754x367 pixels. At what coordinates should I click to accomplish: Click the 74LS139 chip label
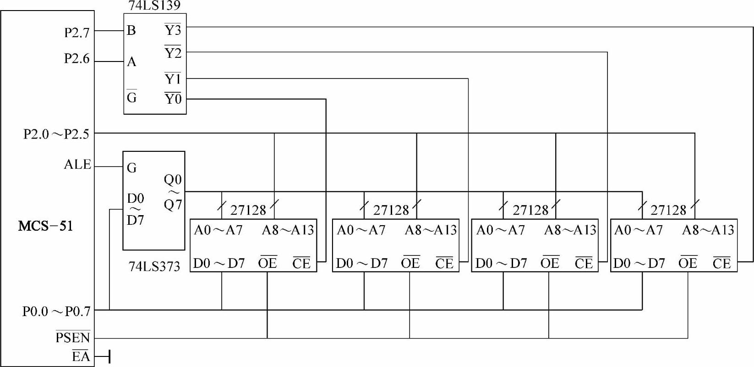click(x=154, y=6)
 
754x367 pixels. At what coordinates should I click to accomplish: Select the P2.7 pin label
click(x=76, y=33)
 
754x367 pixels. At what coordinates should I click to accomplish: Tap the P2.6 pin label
click(x=76, y=59)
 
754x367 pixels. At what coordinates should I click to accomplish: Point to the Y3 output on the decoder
click(x=173, y=30)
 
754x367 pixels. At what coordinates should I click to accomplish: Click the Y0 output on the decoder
click(x=173, y=99)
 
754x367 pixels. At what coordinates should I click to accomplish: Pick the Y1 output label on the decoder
click(x=173, y=79)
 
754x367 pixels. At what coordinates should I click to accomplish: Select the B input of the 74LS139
click(x=131, y=31)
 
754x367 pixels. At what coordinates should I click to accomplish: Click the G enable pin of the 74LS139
click(x=131, y=97)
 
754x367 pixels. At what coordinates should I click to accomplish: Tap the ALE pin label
click(x=77, y=165)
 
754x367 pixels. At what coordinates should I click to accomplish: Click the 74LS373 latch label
click(x=154, y=267)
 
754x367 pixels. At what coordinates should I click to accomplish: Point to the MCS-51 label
click(x=45, y=226)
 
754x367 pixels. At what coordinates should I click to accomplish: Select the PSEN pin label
click(x=73, y=338)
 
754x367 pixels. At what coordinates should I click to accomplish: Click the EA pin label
click(x=81, y=356)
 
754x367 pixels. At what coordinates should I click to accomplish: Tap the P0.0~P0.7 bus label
click(x=56, y=311)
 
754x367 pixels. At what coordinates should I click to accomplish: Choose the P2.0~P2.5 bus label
click(x=56, y=134)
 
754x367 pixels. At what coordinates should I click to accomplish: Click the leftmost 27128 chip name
click(x=248, y=210)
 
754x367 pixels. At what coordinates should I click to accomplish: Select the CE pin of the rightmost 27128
click(x=721, y=263)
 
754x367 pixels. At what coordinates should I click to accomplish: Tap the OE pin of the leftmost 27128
click(x=268, y=263)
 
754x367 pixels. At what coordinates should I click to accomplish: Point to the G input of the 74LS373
click(x=131, y=168)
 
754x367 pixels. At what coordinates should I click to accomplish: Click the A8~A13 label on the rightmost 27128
click(x=708, y=230)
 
